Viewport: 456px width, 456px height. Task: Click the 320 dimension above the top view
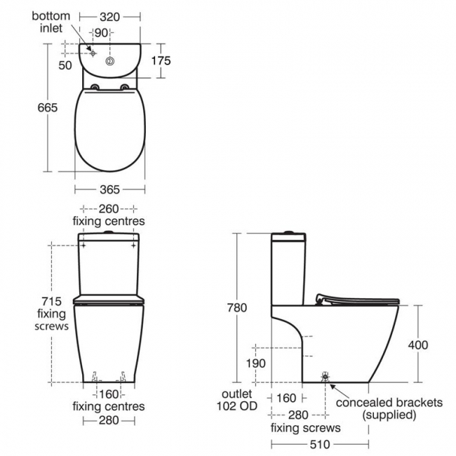(109, 17)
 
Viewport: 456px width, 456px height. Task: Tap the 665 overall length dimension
(48, 108)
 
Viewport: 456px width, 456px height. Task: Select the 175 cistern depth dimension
(161, 61)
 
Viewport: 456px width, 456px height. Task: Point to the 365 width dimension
(109, 189)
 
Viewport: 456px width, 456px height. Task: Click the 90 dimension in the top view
(101, 33)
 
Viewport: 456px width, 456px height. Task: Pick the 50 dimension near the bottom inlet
(65, 65)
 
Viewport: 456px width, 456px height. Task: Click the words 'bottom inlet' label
(51, 22)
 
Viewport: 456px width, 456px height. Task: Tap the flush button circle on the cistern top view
(109, 61)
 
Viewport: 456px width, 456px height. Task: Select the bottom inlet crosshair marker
(93, 53)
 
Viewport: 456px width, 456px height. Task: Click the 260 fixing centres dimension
(109, 215)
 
